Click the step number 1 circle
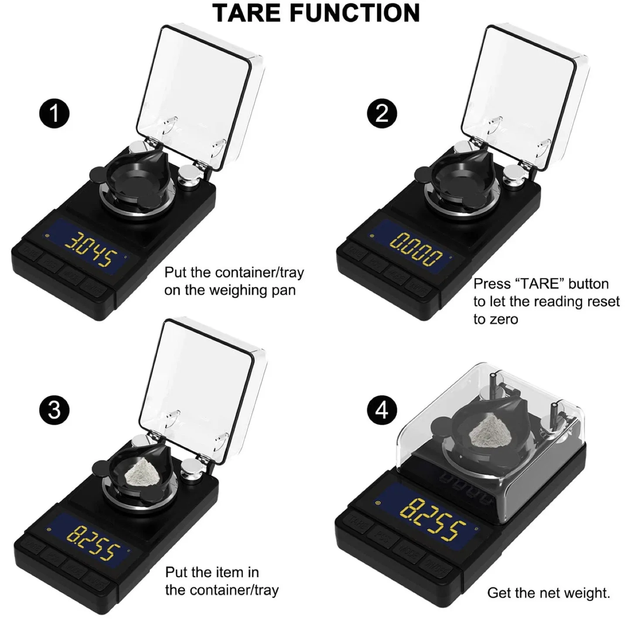click(x=54, y=113)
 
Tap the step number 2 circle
click(x=382, y=113)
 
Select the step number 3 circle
click(x=54, y=410)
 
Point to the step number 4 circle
click(x=382, y=410)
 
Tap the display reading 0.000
click(x=416, y=250)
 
